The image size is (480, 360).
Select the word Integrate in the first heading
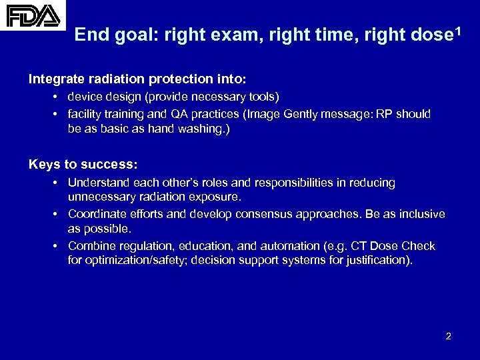click(x=56, y=79)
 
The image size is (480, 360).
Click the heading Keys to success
click(x=83, y=164)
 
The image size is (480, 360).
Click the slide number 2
click(x=448, y=336)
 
